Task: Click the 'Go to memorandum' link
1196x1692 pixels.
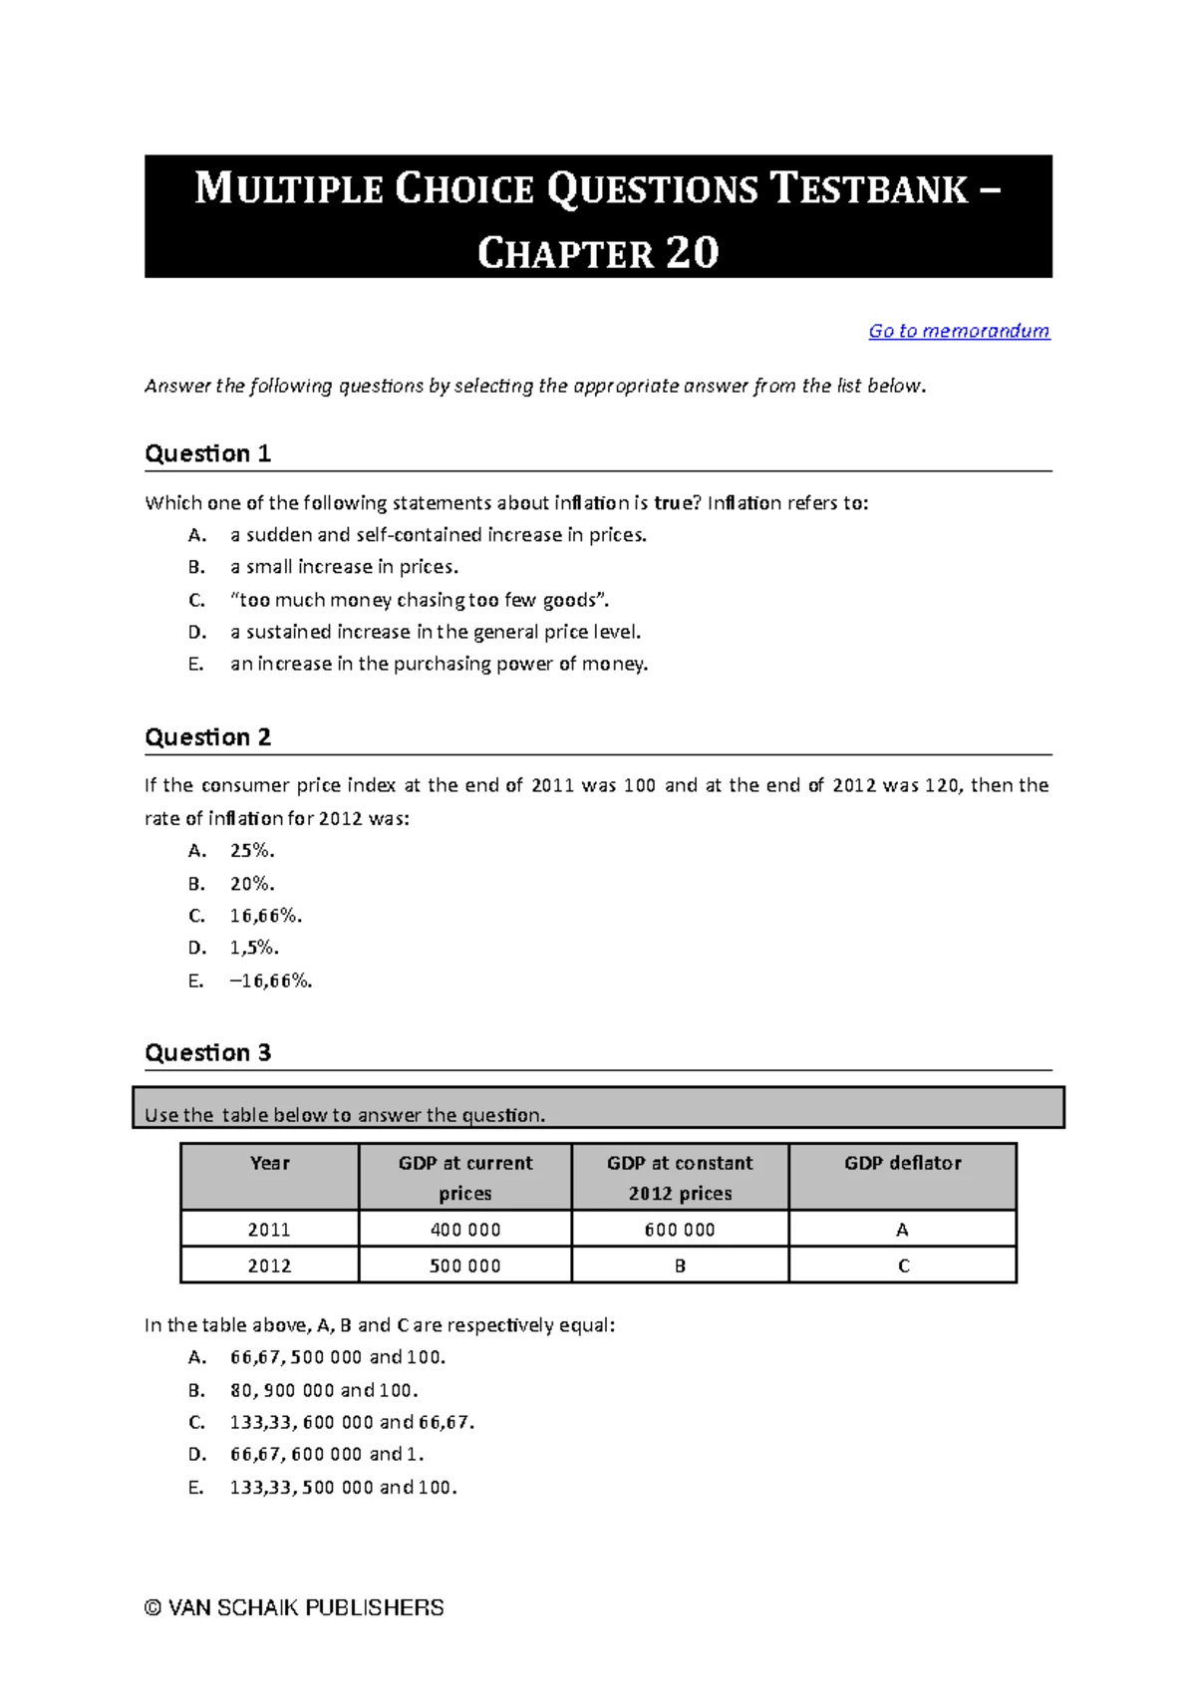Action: (x=958, y=331)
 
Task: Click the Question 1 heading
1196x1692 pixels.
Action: (x=207, y=454)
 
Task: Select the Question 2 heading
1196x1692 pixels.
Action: (x=207, y=737)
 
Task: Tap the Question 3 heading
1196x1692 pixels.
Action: (x=207, y=1053)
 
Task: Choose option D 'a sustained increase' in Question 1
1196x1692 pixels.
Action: (x=435, y=632)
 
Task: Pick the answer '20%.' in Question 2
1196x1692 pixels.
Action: (x=252, y=884)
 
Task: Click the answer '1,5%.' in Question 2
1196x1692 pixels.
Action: (x=254, y=948)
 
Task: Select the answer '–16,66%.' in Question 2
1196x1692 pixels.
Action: (x=270, y=981)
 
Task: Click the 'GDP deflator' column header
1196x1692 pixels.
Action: (x=902, y=1164)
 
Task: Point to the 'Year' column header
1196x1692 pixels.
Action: (x=269, y=1164)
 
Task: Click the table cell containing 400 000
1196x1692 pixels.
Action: (x=464, y=1230)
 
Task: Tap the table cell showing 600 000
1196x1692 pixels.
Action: (x=680, y=1230)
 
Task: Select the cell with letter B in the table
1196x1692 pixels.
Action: (x=680, y=1266)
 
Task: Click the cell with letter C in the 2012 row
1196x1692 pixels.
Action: (x=903, y=1266)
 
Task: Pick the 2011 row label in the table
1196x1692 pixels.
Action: (x=269, y=1230)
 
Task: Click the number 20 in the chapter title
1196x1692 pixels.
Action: (x=692, y=253)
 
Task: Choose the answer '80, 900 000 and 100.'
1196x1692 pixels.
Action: (x=324, y=1390)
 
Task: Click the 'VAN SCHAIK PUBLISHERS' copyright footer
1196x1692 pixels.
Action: (x=295, y=1607)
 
